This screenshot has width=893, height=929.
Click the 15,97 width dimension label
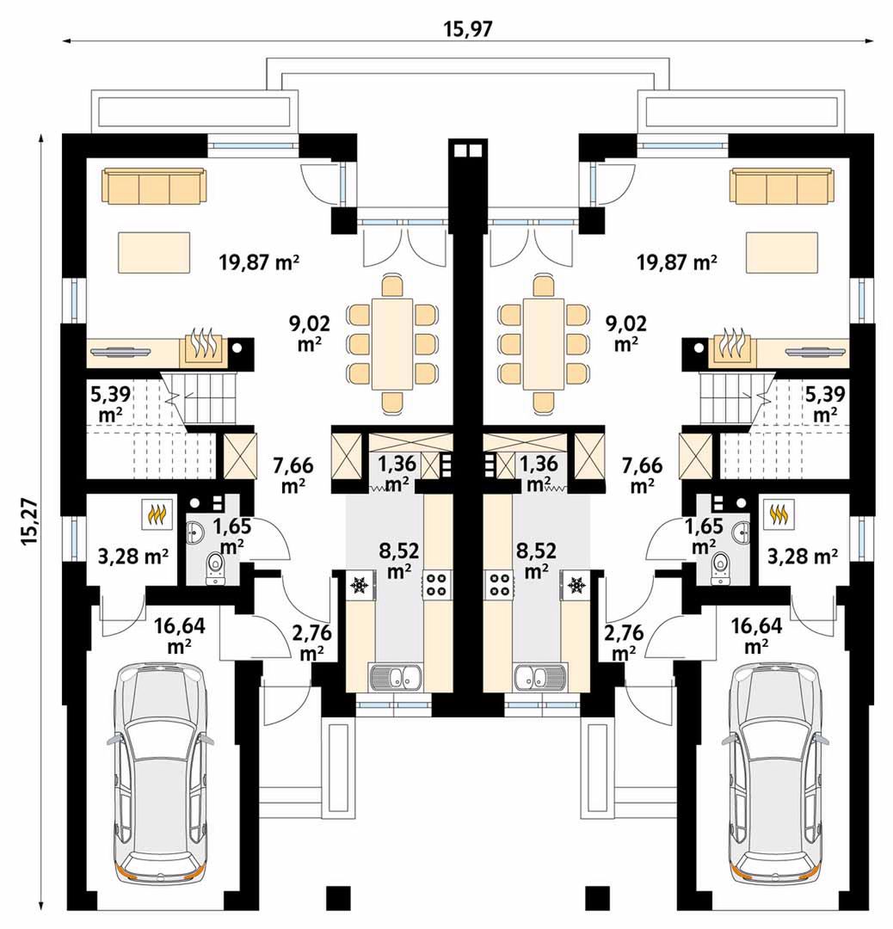pos(468,28)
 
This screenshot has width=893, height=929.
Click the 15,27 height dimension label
pos(28,527)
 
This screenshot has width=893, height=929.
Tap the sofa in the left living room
pos(155,186)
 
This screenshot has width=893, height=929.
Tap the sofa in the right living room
pos(782,186)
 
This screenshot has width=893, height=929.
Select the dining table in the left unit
pos(391,343)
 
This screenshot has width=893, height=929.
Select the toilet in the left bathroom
pos(215,568)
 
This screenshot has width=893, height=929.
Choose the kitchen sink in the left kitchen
pos(395,677)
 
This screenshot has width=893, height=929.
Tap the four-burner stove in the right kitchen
pos(498,583)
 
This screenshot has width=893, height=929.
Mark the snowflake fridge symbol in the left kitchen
pos(359,586)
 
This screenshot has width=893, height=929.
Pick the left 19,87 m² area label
pos(258,261)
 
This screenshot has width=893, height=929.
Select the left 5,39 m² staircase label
pos(111,403)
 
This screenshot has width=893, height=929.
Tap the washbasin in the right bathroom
pos(738,534)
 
